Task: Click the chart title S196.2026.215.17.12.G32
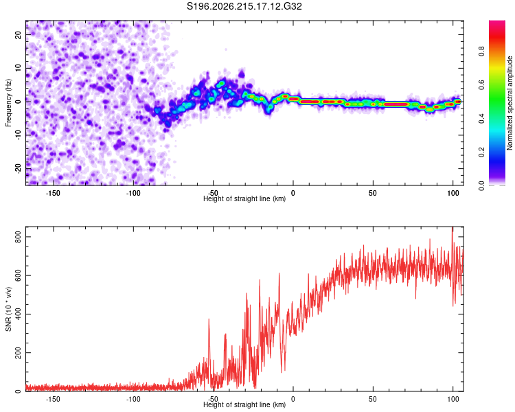(x=244, y=6)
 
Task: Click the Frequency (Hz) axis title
(x=8, y=103)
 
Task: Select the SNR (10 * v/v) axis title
(x=8, y=309)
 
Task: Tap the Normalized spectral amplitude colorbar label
(x=510, y=103)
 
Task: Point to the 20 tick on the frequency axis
(x=18, y=34)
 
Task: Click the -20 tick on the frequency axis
(x=18, y=168)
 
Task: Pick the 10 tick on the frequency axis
(x=18, y=68)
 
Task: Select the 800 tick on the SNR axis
(x=18, y=236)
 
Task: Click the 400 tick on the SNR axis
(x=18, y=314)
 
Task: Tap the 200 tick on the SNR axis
(x=18, y=352)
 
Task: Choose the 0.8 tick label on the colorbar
(x=481, y=51)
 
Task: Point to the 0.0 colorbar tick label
(x=481, y=186)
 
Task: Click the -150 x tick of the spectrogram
(x=53, y=193)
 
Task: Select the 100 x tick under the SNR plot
(x=453, y=399)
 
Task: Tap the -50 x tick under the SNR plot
(x=213, y=399)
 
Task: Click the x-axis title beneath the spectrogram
(x=244, y=198)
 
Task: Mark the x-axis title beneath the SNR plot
(x=244, y=404)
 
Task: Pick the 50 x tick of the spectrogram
(x=373, y=193)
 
